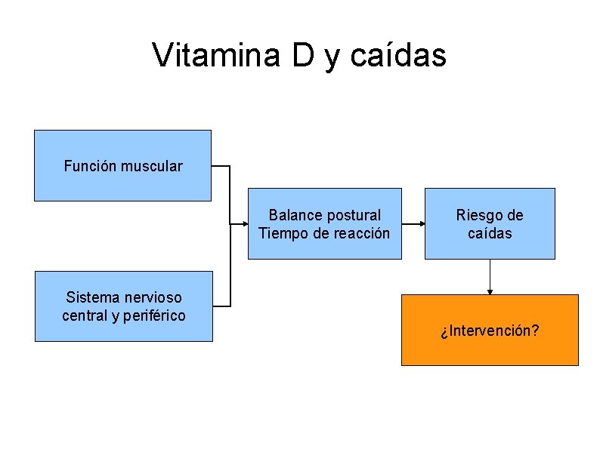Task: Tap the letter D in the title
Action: pos(302,55)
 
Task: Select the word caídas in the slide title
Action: pos(400,55)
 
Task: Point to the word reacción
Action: pos(359,233)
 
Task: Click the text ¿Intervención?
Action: pos(490,331)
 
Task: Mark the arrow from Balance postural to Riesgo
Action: pos(413,224)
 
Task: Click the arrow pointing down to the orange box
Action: pos(490,277)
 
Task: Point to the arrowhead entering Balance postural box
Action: pos(244,224)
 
